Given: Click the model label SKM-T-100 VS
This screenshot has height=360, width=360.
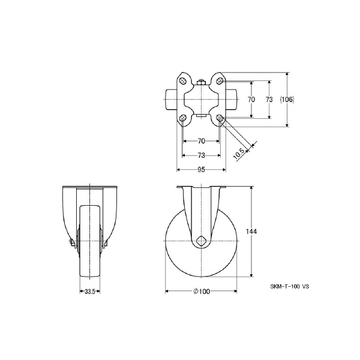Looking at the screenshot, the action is pos(289,286).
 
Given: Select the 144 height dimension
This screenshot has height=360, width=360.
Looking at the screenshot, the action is pos(251,232).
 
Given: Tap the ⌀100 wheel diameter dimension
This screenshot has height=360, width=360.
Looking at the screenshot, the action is pos(202,292).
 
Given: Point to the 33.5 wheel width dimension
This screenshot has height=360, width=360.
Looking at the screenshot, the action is pos(90,292).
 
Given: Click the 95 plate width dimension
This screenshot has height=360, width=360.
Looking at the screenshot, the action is pos(201,170).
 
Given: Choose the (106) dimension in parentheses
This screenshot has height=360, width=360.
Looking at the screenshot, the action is pos(287,100).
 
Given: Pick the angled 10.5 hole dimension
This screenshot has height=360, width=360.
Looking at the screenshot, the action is pos(239,154).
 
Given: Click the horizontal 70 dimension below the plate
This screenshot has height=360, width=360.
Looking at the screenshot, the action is pos(201,141).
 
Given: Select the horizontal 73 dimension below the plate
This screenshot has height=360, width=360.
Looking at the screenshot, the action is pos(201,155).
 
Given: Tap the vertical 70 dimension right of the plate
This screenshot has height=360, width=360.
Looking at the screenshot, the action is pos(251,100).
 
